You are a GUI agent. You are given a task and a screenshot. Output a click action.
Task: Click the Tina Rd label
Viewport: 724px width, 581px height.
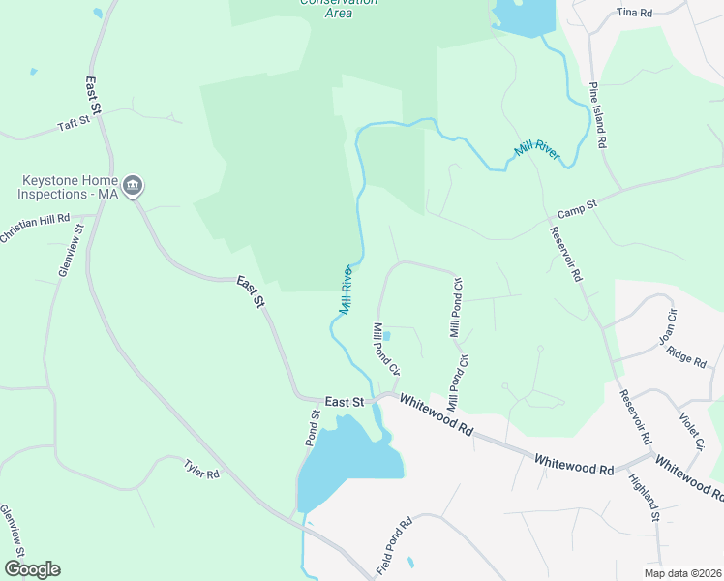(635, 13)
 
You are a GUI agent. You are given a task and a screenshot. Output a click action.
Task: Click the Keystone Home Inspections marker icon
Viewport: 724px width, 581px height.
(134, 185)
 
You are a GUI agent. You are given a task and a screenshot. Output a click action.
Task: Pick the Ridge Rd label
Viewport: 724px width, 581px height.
(687, 359)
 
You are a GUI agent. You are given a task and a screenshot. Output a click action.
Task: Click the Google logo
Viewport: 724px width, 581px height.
(32, 569)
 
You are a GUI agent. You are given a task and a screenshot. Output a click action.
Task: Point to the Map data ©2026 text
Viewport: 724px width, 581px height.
(681, 573)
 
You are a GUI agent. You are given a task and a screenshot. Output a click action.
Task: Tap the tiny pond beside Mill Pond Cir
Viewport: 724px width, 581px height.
(386, 336)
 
